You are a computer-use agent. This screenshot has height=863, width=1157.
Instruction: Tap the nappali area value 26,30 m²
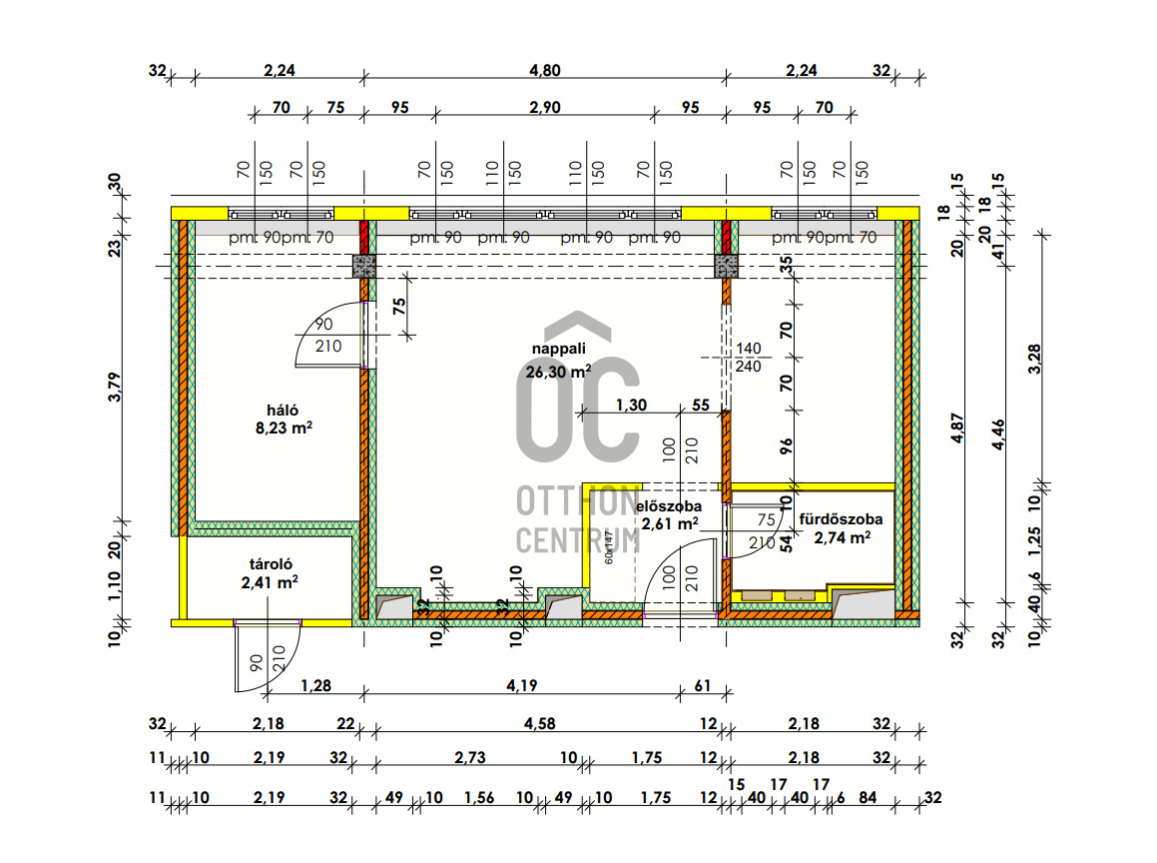(558, 371)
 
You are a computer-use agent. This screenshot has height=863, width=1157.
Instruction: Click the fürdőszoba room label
(841, 519)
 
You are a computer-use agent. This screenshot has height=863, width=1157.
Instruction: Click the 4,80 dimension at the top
(545, 71)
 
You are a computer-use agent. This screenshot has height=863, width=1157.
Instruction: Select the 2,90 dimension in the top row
(544, 108)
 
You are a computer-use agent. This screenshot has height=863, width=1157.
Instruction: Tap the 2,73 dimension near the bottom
(470, 759)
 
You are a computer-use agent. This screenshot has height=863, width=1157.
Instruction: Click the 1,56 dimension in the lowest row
(479, 797)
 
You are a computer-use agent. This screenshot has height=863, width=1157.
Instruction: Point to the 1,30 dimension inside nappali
(630, 406)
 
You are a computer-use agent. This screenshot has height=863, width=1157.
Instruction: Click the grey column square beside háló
(364, 266)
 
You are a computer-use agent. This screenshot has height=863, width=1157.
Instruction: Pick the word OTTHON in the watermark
(577, 499)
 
